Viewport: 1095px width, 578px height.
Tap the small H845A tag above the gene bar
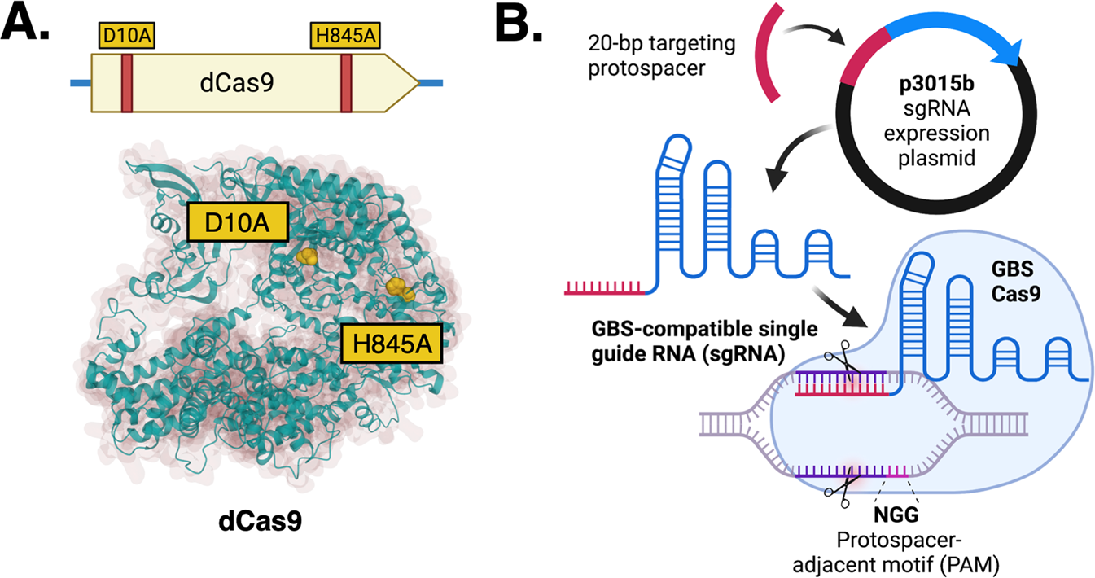(346, 36)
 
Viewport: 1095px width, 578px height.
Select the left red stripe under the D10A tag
(126, 82)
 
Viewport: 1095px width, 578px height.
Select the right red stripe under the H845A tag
(346, 82)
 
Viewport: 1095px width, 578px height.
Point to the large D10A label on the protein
(238, 222)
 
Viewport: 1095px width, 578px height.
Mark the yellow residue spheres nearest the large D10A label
(307, 258)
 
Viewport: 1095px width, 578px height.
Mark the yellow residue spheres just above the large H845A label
(398, 287)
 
